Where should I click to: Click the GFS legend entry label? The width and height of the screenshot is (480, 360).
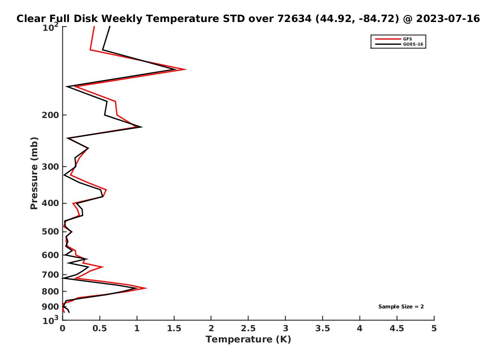tap(407, 39)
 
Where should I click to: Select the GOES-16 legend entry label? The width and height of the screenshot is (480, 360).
tap(413, 44)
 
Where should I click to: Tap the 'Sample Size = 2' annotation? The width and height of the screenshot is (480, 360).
tap(401, 307)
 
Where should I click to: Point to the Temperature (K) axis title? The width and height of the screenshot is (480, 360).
tap(248, 339)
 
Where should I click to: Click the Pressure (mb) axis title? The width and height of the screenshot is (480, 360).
tap(34, 173)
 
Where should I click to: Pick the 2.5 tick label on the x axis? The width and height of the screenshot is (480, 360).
tap(248, 328)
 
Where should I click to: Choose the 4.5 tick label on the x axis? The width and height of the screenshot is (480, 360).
tap(397, 328)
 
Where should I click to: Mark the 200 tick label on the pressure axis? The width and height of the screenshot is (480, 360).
tap(50, 115)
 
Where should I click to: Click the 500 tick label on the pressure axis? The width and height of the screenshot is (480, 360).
tap(50, 232)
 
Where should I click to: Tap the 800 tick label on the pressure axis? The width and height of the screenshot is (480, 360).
tap(50, 291)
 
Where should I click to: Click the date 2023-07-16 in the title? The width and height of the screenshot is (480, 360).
tap(448, 19)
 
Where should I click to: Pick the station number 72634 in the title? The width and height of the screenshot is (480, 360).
tap(294, 19)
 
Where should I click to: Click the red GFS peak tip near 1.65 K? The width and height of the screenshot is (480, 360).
tap(186, 70)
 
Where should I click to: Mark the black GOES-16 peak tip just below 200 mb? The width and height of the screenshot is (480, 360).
tap(142, 127)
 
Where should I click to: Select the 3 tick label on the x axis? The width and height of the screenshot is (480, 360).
tap(285, 328)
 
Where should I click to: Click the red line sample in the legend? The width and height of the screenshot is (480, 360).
tap(388, 39)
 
